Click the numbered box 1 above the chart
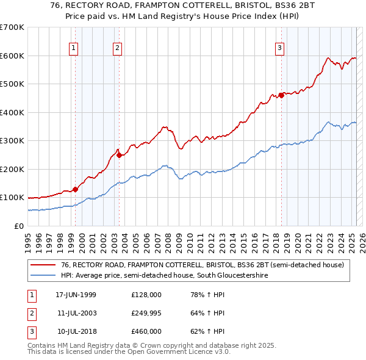click(73, 48)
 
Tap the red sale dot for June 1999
click(76, 189)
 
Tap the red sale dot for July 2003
click(119, 155)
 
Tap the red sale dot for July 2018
click(281, 95)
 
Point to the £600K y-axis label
click(12, 56)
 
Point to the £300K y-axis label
click(12, 140)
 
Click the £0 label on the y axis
click(18, 226)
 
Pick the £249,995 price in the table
click(146, 313)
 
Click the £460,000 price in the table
click(146, 331)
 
